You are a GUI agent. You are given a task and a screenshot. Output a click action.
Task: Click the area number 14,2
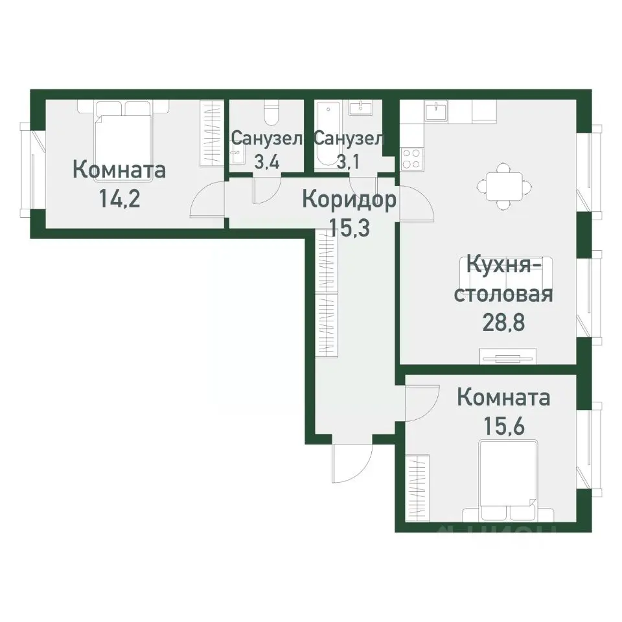[119, 198]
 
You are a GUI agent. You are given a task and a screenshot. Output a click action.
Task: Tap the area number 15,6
[503, 424]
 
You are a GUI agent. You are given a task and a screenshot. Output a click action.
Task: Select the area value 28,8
[503, 322]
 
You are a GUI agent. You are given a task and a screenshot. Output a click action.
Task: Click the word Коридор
[349, 201]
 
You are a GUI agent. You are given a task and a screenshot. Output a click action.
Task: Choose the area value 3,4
[266, 162]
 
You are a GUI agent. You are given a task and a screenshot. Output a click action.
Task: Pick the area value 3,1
[349, 162]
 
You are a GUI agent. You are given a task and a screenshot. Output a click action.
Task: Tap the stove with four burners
[411, 157]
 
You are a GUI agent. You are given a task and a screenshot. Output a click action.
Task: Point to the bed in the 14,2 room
[123, 133]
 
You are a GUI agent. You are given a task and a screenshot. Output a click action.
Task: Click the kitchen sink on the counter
[437, 110]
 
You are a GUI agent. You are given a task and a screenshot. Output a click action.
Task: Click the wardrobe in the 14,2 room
[212, 133]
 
